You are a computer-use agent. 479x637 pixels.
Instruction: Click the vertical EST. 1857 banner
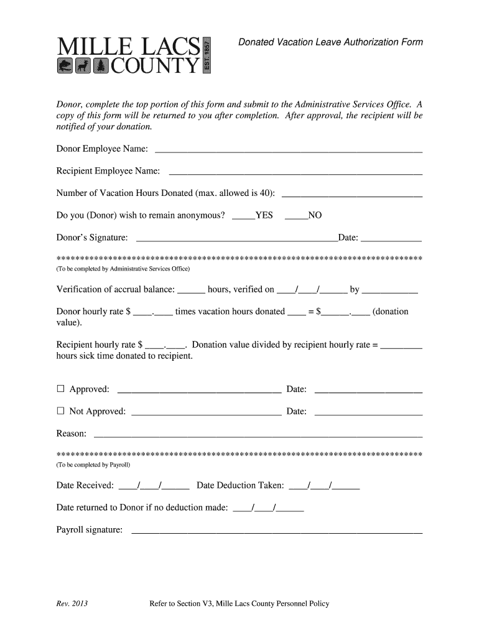(x=208, y=54)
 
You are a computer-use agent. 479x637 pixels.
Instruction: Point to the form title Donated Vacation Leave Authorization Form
(x=331, y=42)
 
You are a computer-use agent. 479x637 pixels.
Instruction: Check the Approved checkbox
(x=61, y=389)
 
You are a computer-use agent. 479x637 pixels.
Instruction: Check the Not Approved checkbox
(x=61, y=411)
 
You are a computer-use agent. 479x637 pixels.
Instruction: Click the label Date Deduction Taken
(x=240, y=485)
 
